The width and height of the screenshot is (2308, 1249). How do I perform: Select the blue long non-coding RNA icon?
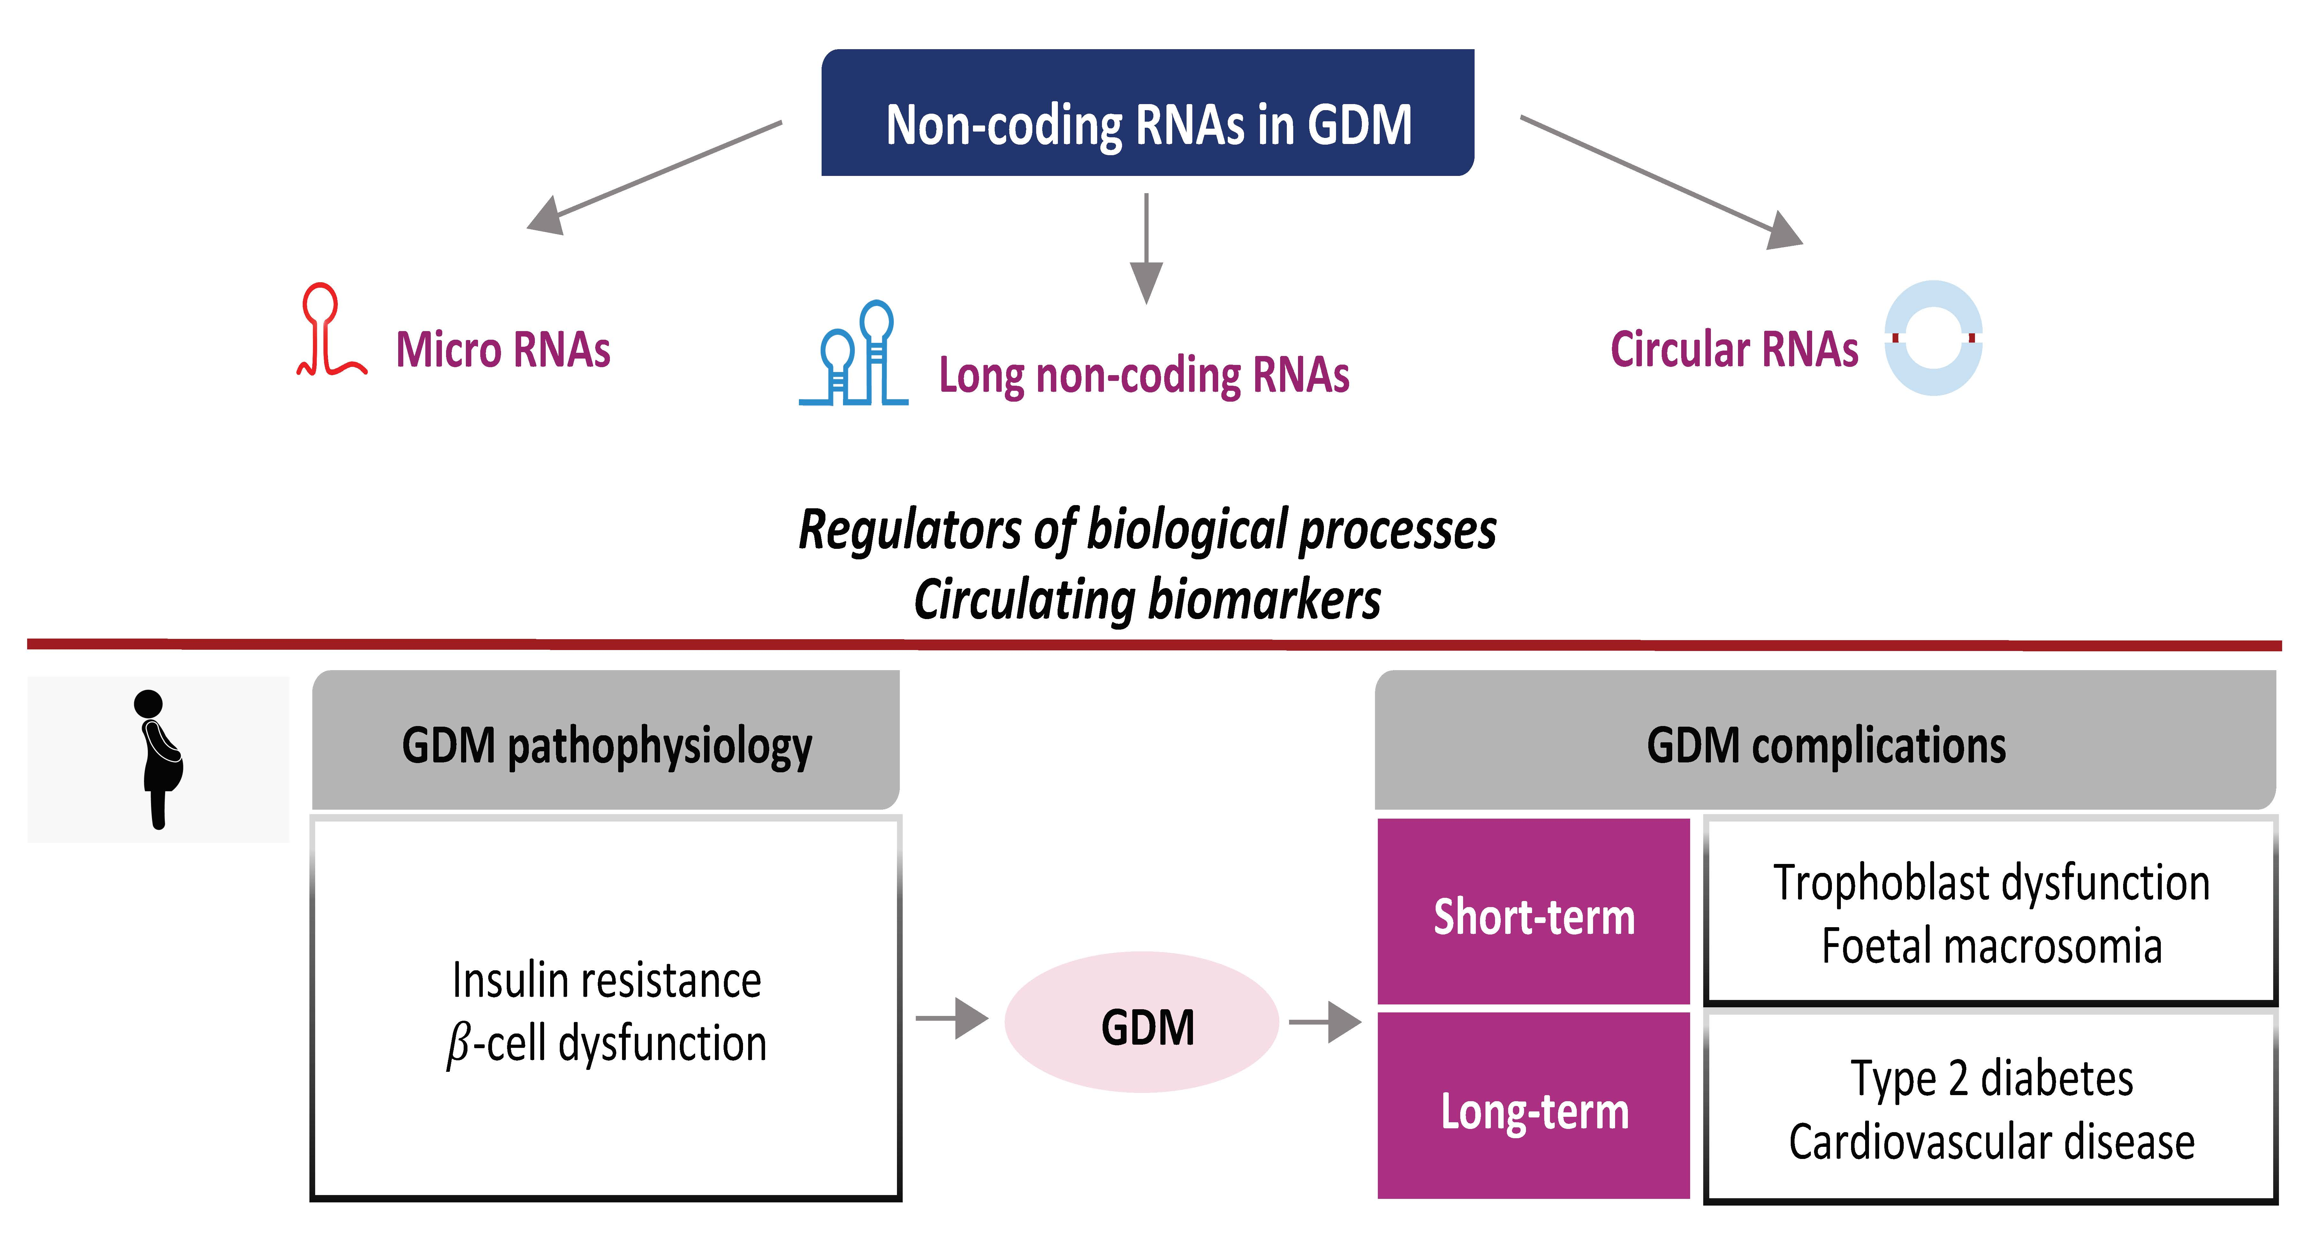coord(854,354)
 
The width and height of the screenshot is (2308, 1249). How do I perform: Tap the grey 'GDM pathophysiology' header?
coord(606,740)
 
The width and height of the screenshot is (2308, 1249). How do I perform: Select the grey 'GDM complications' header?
coord(1825,740)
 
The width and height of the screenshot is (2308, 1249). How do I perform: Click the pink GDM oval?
coord(1142,1022)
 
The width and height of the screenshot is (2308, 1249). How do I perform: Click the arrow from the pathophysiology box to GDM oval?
coord(952,1019)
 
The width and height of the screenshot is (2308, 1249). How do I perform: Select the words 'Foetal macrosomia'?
coord(1992,946)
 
